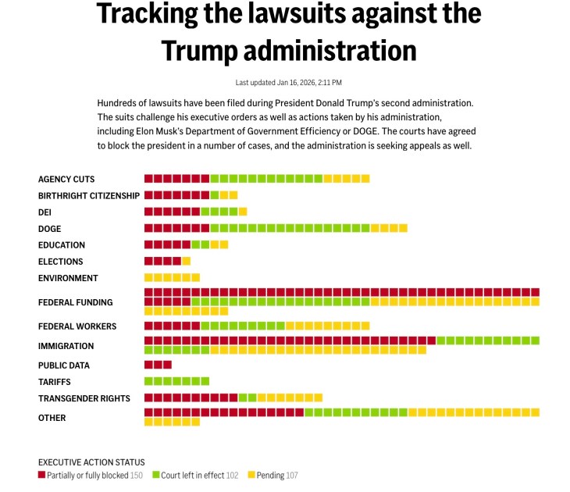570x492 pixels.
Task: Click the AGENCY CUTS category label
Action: click(x=66, y=180)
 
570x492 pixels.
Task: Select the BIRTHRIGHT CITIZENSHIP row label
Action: click(x=89, y=195)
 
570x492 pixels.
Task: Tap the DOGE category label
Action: click(x=50, y=229)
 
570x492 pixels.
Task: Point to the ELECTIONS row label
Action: click(x=60, y=262)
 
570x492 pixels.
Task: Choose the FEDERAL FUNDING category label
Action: click(x=76, y=302)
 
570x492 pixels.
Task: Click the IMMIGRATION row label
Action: click(x=66, y=346)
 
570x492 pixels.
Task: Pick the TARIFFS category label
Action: click(x=55, y=382)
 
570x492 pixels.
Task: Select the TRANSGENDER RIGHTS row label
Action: click(x=84, y=399)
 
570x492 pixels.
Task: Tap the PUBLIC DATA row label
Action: click(x=64, y=365)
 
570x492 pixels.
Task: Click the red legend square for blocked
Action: click(x=42, y=475)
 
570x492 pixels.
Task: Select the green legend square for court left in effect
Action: click(x=155, y=475)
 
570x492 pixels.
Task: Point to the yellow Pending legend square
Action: click(x=251, y=475)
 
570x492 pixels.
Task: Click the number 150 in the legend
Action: click(x=136, y=475)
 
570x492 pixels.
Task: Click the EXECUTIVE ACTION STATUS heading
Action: click(x=91, y=462)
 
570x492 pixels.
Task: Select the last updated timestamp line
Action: click(x=288, y=83)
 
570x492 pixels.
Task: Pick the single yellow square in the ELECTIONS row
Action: click(x=186, y=262)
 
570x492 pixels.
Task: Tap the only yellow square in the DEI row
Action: click(x=243, y=212)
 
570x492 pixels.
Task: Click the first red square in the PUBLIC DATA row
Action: click(x=148, y=365)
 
